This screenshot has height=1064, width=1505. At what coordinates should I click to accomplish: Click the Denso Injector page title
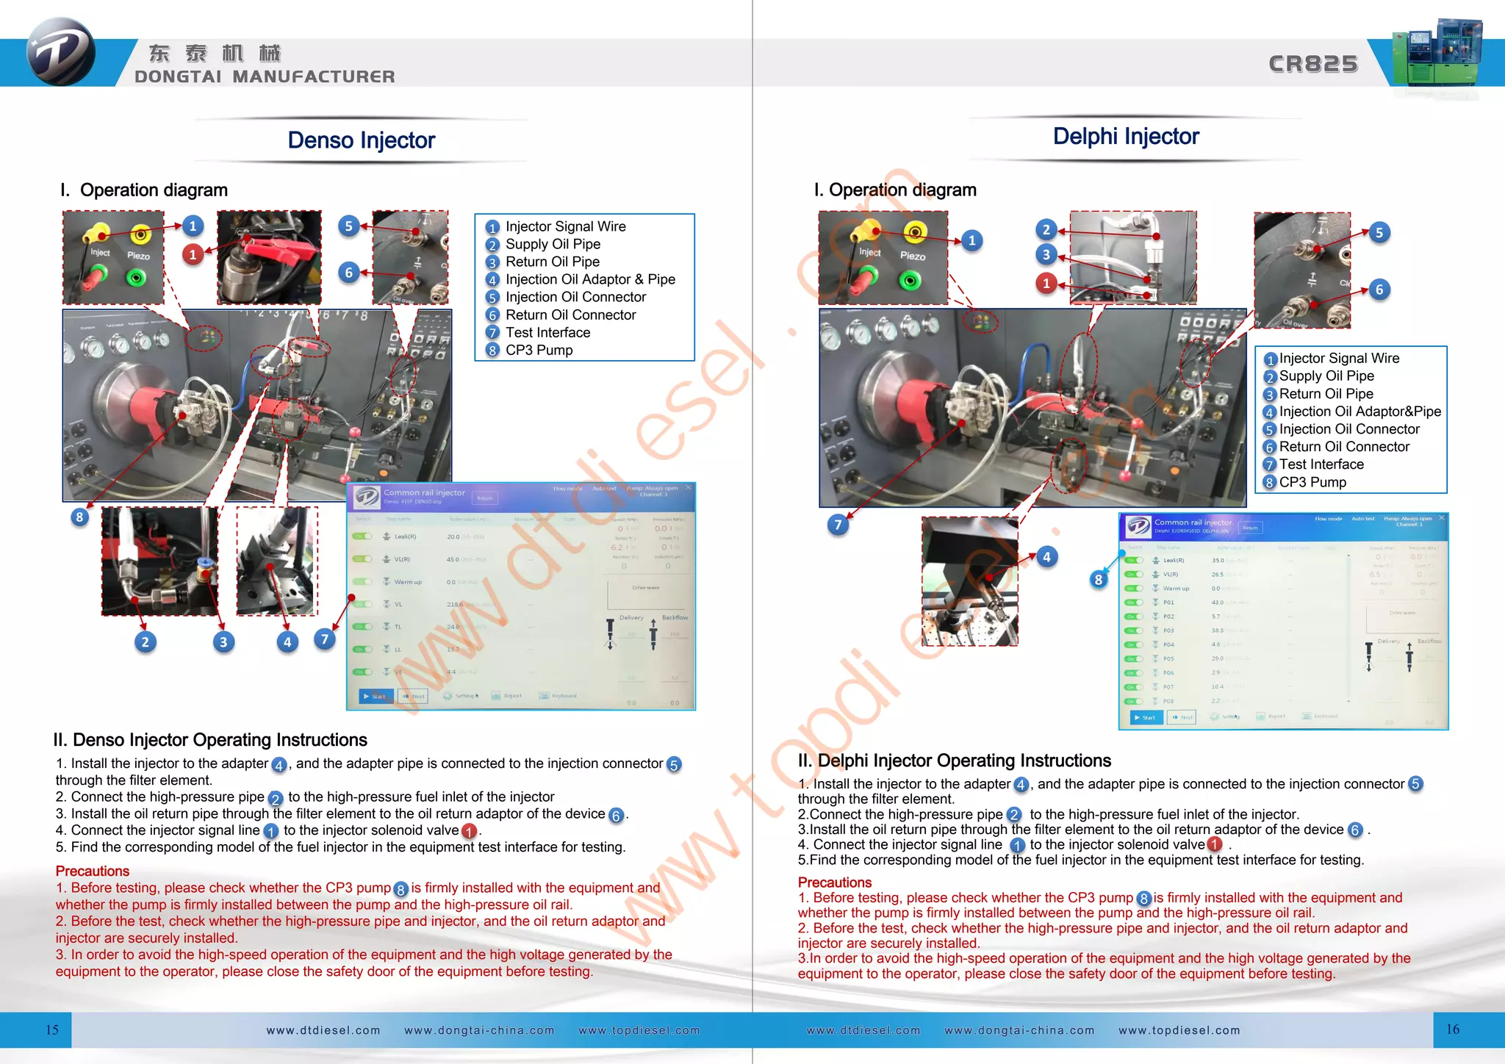[x=361, y=140]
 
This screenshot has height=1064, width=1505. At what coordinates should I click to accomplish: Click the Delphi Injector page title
[x=1125, y=137]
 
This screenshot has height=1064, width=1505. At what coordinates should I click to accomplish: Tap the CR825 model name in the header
[x=1312, y=65]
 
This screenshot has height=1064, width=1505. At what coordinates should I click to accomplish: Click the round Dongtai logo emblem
[x=60, y=52]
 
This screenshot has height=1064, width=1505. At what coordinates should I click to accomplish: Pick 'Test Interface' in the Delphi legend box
[x=1321, y=464]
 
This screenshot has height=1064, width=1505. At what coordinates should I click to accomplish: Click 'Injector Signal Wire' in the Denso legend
[x=565, y=227]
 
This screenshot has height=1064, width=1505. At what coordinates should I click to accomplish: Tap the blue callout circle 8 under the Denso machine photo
[x=79, y=517]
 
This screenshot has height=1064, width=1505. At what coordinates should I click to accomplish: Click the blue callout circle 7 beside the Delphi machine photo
[x=838, y=525]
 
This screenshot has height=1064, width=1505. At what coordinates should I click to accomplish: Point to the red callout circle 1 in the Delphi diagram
[x=1046, y=284]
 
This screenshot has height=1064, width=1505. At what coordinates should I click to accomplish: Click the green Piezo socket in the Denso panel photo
[x=136, y=278]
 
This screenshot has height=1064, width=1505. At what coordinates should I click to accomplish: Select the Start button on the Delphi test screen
[x=1146, y=717]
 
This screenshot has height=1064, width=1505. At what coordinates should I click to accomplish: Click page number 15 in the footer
[x=52, y=1029]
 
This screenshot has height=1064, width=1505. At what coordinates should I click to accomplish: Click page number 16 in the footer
[x=1453, y=1029]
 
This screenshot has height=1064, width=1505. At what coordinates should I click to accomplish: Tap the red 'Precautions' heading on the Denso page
[x=93, y=871]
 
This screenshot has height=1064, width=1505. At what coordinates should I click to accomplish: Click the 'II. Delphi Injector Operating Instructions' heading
[x=954, y=761]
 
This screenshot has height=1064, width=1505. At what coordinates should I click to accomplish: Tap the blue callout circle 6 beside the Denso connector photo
[x=349, y=273]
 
